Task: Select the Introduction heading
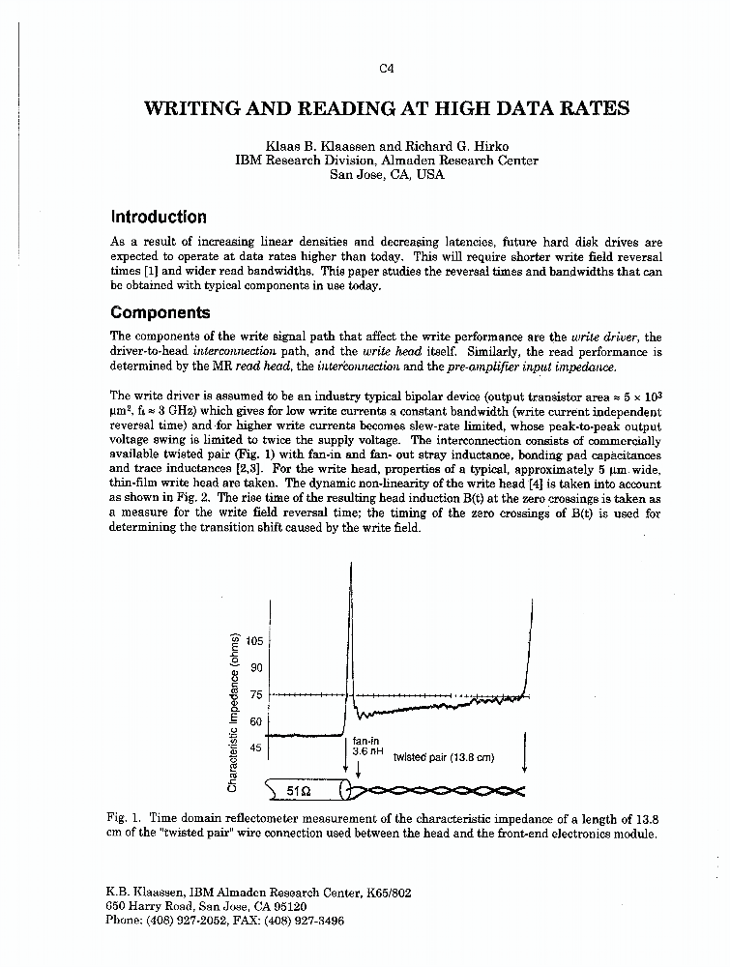pyautogui.click(x=158, y=217)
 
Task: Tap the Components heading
pyautogui.click(x=160, y=312)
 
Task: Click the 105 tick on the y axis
pyautogui.click(x=255, y=640)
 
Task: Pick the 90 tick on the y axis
pyautogui.click(x=257, y=667)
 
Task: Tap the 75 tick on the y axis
pyautogui.click(x=257, y=694)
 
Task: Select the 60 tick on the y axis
pyautogui.click(x=257, y=721)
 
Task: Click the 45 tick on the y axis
pyautogui.click(x=257, y=747)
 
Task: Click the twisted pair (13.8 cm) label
pyautogui.click(x=443, y=757)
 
